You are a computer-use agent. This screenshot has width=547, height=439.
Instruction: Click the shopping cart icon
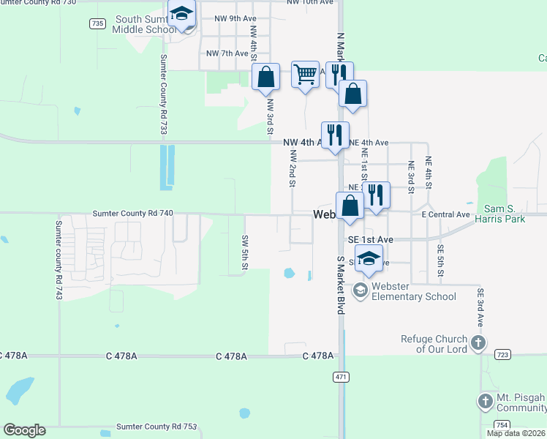coord(305,75)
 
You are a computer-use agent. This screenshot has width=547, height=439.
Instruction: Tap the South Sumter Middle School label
coord(143,24)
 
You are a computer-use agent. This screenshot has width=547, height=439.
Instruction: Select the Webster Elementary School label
coord(413,291)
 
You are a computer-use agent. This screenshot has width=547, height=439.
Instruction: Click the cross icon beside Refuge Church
coord(478,342)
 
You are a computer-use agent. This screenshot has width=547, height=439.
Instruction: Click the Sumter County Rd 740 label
coord(133,213)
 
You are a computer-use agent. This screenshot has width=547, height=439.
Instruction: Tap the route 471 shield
coord(341,377)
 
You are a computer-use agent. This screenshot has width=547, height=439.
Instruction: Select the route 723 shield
coord(502,354)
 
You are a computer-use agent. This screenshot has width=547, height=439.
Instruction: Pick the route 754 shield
coord(502,424)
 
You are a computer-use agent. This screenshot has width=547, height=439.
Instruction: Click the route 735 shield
coord(97,24)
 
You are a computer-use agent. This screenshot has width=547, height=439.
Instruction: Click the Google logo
coord(24,430)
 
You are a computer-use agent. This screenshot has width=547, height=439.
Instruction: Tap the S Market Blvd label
coord(341,285)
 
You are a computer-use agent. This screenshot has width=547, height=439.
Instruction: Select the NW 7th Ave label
coord(227,53)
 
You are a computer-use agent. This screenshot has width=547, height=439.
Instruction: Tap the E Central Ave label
coord(445,214)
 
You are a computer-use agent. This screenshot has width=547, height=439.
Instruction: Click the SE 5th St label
coord(440,260)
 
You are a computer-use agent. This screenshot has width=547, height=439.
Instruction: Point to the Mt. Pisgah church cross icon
coord(485,401)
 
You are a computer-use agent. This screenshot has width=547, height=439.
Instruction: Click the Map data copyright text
coord(516,433)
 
